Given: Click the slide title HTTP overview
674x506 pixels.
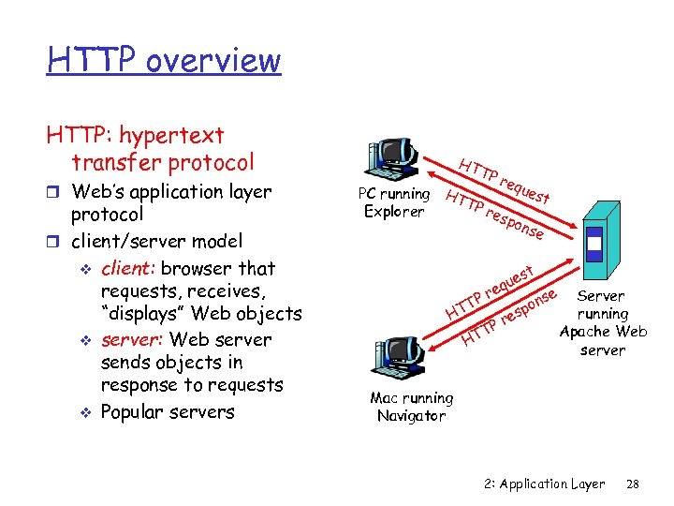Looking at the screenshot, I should click(164, 59).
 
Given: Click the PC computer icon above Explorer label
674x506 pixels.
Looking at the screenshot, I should click(392, 158).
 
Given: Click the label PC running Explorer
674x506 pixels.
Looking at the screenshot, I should click(394, 202).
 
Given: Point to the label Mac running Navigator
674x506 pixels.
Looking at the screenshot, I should click(411, 407).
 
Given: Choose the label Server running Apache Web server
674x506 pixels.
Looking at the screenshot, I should click(603, 322).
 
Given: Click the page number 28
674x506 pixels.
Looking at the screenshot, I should click(632, 484).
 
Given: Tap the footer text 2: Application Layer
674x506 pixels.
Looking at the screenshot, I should click(545, 484).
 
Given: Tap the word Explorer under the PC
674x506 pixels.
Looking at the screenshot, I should click(394, 211).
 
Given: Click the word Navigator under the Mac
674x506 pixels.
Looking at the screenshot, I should click(411, 415).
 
